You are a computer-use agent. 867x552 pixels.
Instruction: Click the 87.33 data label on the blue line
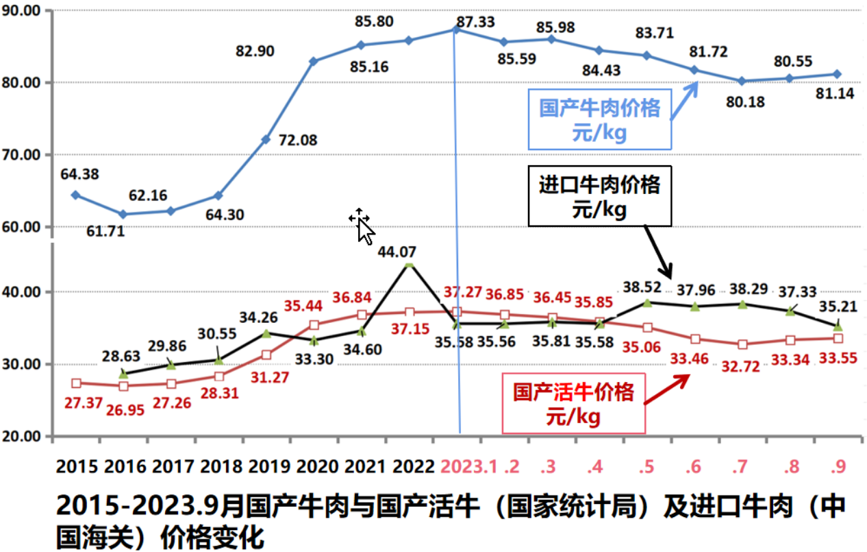476,22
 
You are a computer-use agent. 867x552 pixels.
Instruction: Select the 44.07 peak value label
397,252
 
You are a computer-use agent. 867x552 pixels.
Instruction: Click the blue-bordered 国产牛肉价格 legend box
599,119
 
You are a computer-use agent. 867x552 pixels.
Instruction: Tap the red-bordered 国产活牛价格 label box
574,404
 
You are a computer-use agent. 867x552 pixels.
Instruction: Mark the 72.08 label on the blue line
299,141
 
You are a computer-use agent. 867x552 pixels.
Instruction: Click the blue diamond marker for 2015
76,195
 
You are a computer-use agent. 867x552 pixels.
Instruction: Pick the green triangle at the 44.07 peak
409,264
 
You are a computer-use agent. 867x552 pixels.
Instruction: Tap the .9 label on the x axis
837,466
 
